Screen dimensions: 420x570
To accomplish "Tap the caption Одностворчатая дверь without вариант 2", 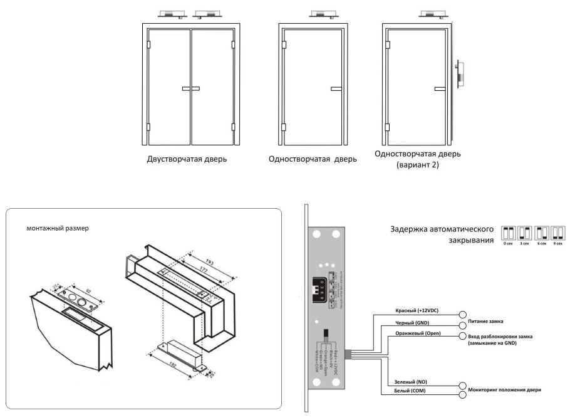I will (312, 159).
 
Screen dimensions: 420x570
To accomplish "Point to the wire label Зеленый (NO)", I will (412, 382).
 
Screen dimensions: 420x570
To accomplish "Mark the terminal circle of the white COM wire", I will (463, 395).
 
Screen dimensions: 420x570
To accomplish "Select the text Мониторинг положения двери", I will (504, 391).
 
